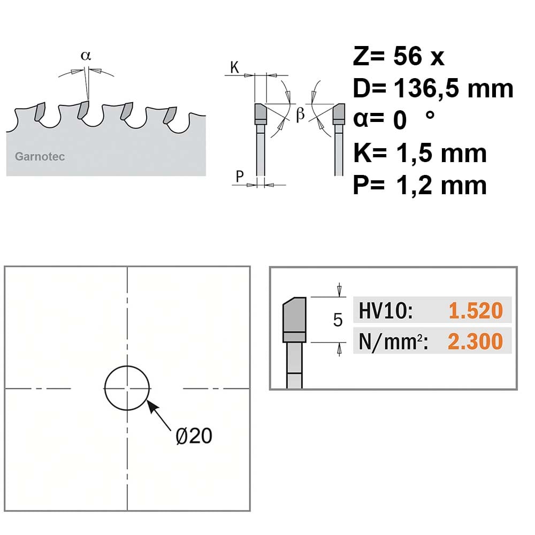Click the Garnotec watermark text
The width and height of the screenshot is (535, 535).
pyautogui.click(x=40, y=157)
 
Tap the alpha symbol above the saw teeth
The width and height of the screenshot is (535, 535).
pyautogui.click(x=86, y=55)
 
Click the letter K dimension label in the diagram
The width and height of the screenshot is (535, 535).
pyautogui.click(x=235, y=67)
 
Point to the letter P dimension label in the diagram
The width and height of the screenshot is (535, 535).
pyautogui.click(x=240, y=177)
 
